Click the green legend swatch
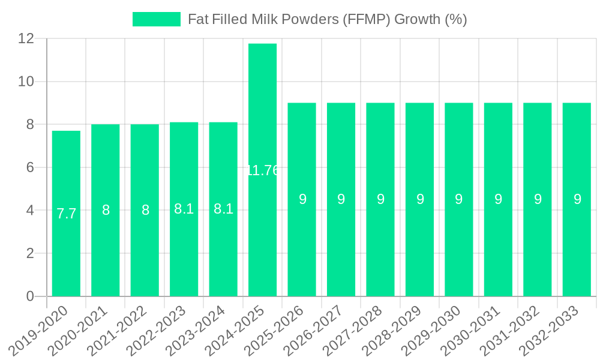click(x=156, y=19)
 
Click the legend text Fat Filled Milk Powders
click(x=327, y=19)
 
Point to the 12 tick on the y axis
click(x=27, y=38)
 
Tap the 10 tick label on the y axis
click(x=27, y=82)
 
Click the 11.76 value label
click(x=262, y=170)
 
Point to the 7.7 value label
click(x=66, y=214)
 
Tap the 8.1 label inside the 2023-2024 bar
click(x=223, y=209)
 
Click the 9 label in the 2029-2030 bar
click(x=459, y=199)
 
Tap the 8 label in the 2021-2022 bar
click(x=145, y=210)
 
